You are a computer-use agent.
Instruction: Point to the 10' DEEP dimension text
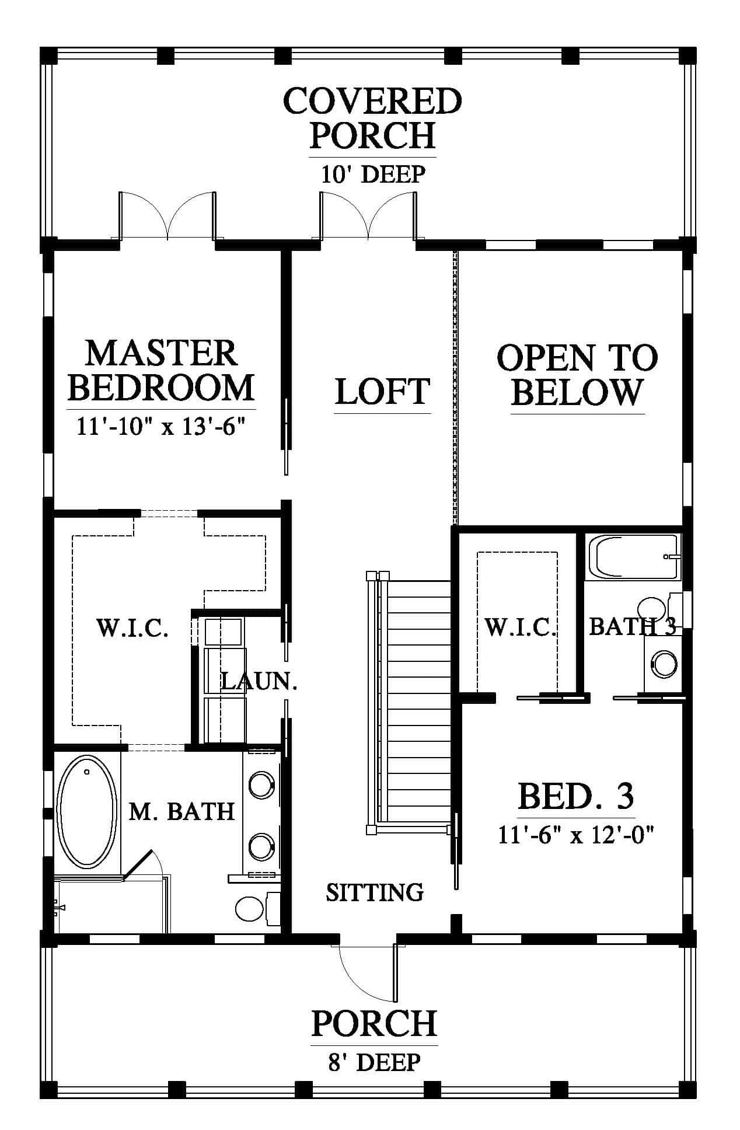point(373,174)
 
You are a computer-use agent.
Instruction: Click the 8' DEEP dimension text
point(374,1062)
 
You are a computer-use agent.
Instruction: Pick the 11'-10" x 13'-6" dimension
point(160,426)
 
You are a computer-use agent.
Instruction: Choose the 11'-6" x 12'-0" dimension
point(575,835)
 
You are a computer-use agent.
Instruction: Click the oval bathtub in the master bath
point(86,812)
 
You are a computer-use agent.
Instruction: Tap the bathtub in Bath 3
point(634,557)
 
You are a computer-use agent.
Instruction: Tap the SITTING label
point(375,892)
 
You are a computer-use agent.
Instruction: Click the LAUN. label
point(259,681)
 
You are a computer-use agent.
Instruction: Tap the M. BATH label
point(181,811)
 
